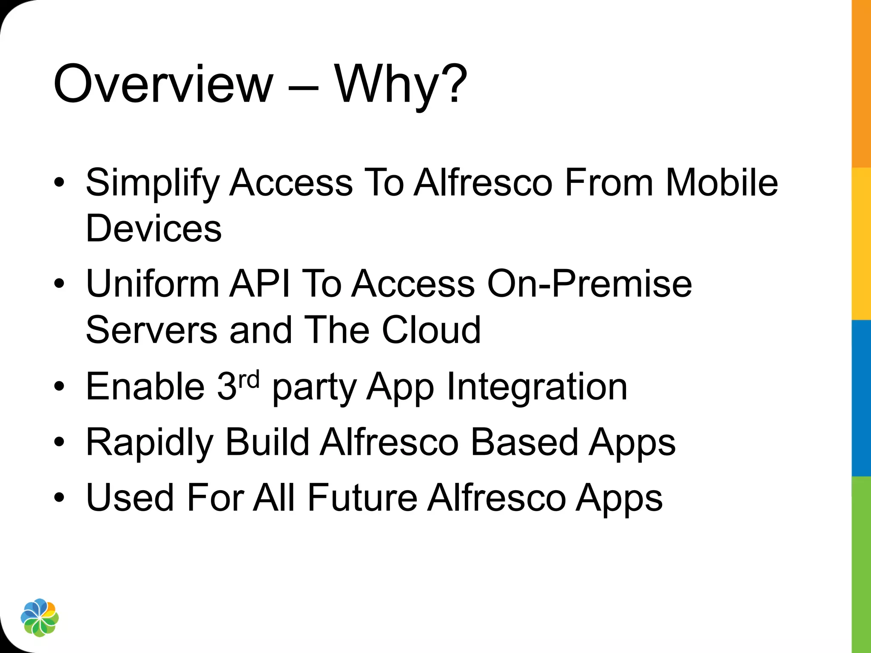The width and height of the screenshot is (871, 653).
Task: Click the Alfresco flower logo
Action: [40, 618]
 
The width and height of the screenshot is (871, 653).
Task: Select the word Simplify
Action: [152, 183]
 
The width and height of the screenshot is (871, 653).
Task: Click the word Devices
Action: [154, 228]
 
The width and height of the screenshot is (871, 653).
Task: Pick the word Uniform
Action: [152, 284]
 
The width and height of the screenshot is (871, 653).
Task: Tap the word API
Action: [260, 284]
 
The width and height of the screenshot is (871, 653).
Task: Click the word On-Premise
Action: [589, 284]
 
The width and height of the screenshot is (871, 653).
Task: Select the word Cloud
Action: [431, 330]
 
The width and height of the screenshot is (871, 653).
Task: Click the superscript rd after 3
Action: [248, 379]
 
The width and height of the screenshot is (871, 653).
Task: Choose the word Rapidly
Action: [149, 443]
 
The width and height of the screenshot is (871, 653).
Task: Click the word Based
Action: [524, 442]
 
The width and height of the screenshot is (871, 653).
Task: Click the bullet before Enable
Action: [59, 386]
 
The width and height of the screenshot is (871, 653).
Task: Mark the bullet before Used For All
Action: [59, 497]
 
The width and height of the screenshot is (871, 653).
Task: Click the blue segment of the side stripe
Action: [861, 397]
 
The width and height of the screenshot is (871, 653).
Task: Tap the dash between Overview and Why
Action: [303, 87]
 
